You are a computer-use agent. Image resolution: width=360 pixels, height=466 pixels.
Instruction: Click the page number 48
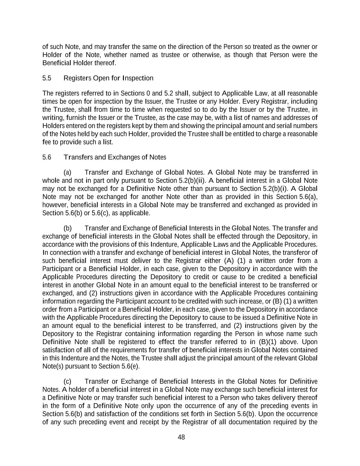coord(181,437)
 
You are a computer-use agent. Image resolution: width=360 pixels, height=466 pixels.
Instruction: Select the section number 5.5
coord(47,78)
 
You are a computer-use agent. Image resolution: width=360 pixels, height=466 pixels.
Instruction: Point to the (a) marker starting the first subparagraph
coord(67,172)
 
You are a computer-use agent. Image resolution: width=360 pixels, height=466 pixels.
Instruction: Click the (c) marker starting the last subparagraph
coord(67,381)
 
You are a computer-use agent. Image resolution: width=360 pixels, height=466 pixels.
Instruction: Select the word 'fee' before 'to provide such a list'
coord(47,142)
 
